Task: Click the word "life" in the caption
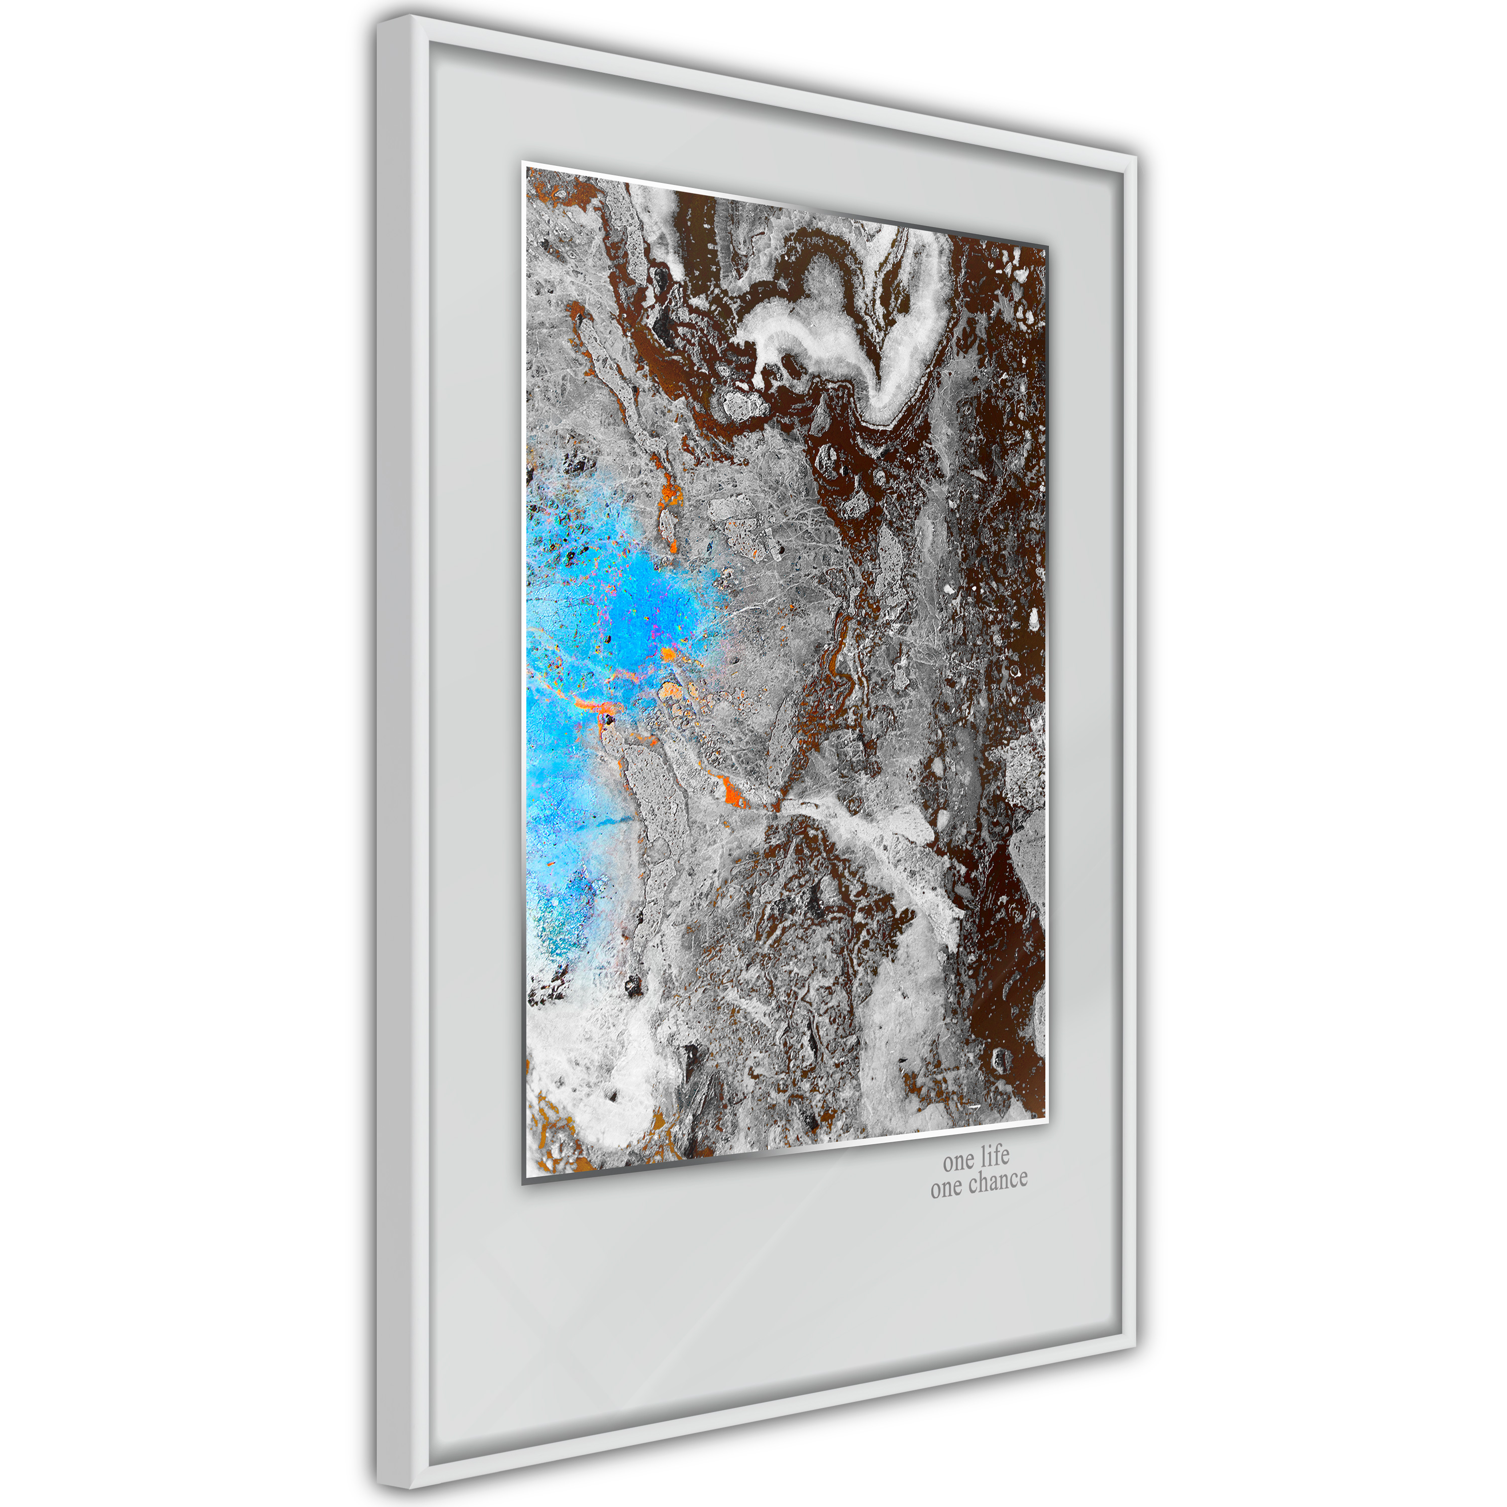pos(995,1155)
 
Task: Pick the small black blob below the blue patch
pos(633,987)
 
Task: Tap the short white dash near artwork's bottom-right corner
pos(973,1106)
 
